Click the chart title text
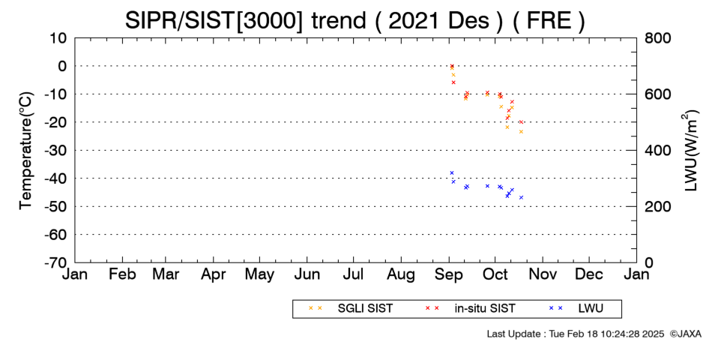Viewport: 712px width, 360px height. point(355,21)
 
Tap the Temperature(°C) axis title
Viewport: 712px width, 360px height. point(26,150)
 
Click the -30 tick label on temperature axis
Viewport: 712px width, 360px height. point(56,151)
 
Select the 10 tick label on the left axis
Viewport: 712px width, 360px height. point(58,37)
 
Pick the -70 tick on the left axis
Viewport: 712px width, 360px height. point(56,262)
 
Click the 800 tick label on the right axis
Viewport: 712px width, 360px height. point(657,37)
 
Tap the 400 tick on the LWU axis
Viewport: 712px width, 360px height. point(657,151)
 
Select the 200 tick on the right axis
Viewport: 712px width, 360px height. point(657,206)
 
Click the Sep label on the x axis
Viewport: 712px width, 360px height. point(449,274)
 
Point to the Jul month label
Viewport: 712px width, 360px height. point(353,274)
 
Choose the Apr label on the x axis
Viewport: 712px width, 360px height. point(213,274)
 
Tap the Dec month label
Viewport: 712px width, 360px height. point(589,274)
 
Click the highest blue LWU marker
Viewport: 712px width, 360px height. point(452,172)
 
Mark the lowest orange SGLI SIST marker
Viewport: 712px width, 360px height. point(522,132)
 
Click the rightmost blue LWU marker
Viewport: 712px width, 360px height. point(522,197)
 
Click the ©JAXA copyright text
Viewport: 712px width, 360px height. point(685,334)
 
